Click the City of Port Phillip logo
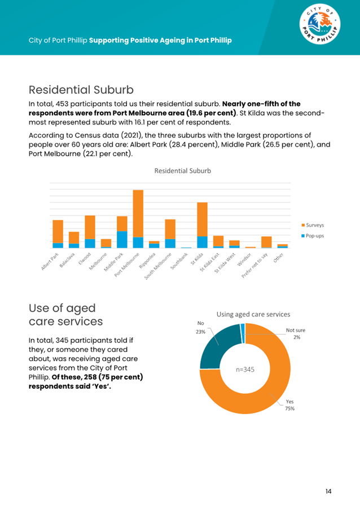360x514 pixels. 320,24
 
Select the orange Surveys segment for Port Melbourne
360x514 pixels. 138,213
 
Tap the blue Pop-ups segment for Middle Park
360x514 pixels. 122,240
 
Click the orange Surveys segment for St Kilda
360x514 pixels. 203,219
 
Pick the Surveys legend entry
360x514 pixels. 313,225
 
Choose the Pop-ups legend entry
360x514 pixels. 313,236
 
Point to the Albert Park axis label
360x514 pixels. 50,261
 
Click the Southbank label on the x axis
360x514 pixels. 179,261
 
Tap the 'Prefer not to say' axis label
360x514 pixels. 254,266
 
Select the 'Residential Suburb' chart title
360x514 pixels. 183,171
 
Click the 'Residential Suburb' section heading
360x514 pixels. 81,90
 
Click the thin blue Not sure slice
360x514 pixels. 243,333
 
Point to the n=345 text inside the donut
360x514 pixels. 245,370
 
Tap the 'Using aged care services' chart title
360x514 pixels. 253,314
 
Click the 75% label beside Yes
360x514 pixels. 290,408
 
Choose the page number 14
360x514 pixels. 328,491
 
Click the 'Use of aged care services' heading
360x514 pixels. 65,315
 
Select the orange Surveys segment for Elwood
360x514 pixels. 90,227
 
